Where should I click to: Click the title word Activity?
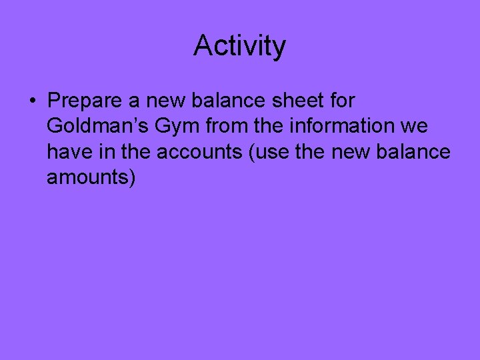(x=239, y=46)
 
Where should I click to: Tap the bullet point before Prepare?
(x=32, y=101)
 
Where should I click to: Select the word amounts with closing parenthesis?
(x=91, y=178)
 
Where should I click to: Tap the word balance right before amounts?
(x=413, y=152)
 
